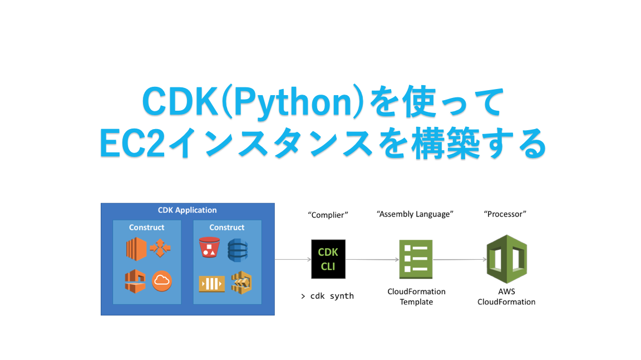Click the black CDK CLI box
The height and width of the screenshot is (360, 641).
click(x=328, y=259)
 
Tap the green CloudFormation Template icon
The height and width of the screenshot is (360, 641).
click(x=416, y=259)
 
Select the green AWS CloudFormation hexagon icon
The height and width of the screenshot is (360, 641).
click(x=507, y=259)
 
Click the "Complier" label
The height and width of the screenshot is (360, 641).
click(x=328, y=215)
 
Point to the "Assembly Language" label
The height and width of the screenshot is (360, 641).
click(x=415, y=214)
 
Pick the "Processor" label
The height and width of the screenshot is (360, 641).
click(x=505, y=214)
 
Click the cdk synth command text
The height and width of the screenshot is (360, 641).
click(x=327, y=296)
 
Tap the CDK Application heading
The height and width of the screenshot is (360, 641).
click(x=187, y=210)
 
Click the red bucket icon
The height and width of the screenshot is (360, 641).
click(x=209, y=248)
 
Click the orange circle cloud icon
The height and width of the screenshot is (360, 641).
click(x=162, y=281)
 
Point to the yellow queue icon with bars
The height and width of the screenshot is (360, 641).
click(x=212, y=284)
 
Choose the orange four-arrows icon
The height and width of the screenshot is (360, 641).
click(x=160, y=248)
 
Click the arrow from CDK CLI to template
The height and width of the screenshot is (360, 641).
click(x=372, y=259)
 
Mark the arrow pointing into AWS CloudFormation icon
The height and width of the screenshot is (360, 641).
click(x=460, y=259)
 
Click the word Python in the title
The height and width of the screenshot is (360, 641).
click(x=292, y=102)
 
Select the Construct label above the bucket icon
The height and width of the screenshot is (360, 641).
click(x=227, y=227)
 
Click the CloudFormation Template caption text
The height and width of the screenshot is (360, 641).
click(x=417, y=297)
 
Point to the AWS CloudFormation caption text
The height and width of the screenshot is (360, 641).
click(x=506, y=297)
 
